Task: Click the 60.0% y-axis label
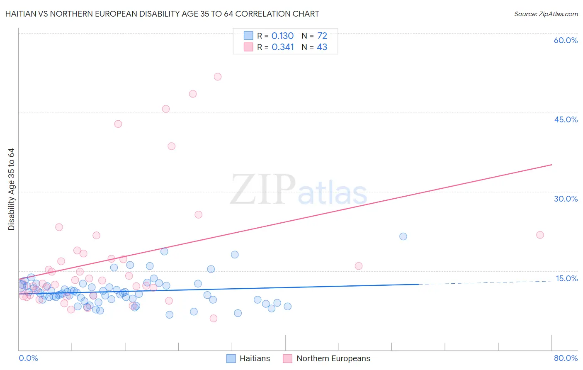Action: coord(566,40)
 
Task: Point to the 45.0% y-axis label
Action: coord(566,119)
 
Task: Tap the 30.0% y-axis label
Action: coord(566,199)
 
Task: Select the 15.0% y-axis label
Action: coord(566,278)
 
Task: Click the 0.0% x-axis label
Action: coord(28,358)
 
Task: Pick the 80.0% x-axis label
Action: coord(566,358)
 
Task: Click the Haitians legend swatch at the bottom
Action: coord(231,358)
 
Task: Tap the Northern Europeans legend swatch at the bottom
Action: coord(288,358)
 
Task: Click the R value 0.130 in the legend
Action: coord(282,36)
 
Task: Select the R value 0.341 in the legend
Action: coord(283,47)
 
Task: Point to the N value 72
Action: coord(322,36)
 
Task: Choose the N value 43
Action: coord(322,47)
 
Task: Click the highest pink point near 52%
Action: coord(218,77)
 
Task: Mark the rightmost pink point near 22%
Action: coord(540,235)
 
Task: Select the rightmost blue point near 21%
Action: coord(403,236)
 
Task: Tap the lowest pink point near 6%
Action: coord(214,318)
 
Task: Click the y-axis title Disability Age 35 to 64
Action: coord(11,189)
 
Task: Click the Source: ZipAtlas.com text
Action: coord(546,14)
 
